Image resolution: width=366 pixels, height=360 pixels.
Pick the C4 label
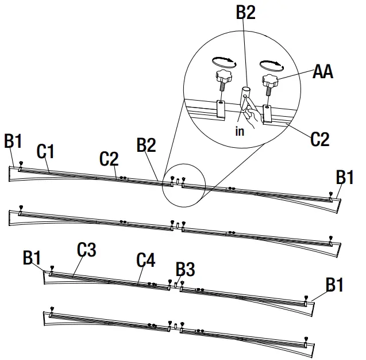145,260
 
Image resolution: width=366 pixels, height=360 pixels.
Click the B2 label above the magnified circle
245,13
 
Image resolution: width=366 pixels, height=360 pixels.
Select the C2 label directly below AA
320,139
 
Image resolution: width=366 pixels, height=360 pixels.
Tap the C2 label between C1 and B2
109,158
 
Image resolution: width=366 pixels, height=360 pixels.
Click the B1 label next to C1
13,140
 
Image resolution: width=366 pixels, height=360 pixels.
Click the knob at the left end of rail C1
21,164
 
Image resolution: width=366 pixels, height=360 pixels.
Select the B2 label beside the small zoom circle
147,145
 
